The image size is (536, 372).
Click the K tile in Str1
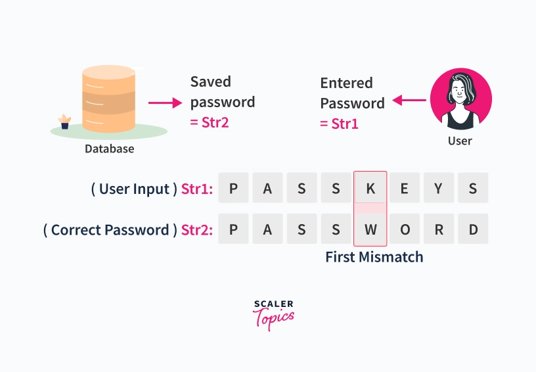click(x=370, y=188)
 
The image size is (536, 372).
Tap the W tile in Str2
click(x=370, y=229)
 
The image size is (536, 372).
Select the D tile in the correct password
click(x=473, y=229)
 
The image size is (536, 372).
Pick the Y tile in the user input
click(x=439, y=188)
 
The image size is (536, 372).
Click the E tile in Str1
click(x=405, y=188)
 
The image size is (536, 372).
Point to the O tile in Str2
click(x=405, y=229)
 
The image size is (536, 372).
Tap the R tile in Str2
click(x=439, y=229)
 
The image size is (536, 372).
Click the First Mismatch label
click(x=374, y=257)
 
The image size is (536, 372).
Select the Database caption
click(x=110, y=149)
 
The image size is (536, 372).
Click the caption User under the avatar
click(x=460, y=141)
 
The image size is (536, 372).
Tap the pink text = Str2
click(x=209, y=122)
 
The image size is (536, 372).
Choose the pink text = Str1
click(x=339, y=124)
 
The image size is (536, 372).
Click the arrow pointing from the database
click(x=165, y=103)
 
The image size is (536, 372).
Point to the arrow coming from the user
click(x=409, y=100)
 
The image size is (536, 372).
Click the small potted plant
click(x=64, y=122)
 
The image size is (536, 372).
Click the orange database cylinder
click(x=108, y=99)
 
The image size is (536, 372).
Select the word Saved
click(x=211, y=81)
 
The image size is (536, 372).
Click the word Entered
click(x=346, y=83)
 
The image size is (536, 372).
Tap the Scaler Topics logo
click(x=273, y=315)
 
